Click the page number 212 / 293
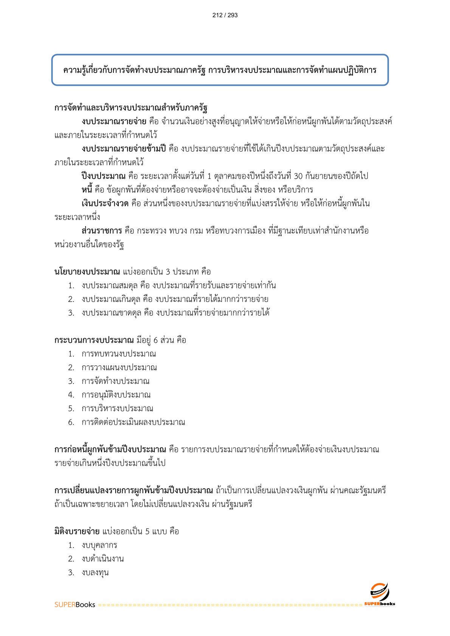point(225,15)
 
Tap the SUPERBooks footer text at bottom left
point(74,605)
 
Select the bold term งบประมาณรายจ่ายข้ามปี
point(124,149)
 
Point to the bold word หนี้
point(87,190)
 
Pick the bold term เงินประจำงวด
point(105,204)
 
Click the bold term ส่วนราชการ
point(101,231)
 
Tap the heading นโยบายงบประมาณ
point(87,272)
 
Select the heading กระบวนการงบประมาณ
point(94,340)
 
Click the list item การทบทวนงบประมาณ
point(119,354)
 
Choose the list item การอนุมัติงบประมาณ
point(116,395)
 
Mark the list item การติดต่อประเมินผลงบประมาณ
point(133,422)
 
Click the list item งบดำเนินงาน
point(102,559)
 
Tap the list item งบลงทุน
point(95,573)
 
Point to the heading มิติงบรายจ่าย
point(77,531)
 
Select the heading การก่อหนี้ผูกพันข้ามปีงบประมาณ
point(110,450)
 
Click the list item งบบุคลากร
point(99,545)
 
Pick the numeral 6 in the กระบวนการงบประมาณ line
point(156,340)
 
